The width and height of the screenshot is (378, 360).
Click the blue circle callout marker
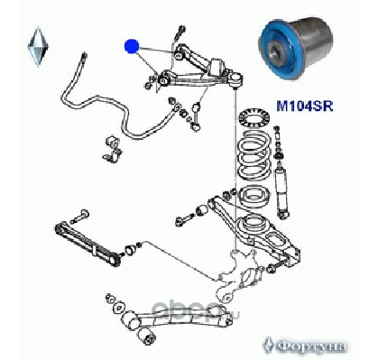(x=132, y=46)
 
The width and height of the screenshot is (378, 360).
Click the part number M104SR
(x=305, y=106)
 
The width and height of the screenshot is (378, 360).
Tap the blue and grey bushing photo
(x=297, y=49)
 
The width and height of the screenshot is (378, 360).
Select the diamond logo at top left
(x=38, y=47)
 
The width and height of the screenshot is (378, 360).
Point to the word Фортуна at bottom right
(x=311, y=346)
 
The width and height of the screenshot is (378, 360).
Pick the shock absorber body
(x=281, y=192)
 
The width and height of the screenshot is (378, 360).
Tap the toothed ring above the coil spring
(x=254, y=118)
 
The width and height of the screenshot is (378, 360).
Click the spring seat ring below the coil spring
(x=254, y=196)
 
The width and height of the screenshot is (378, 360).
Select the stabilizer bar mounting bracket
(x=113, y=150)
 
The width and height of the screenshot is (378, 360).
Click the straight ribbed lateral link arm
(x=88, y=244)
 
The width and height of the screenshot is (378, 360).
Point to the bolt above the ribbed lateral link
(x=79, y=217)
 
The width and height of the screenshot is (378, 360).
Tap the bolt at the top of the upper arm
(x=180, y=33)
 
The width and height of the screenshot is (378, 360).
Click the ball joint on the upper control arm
(x=236, y=79)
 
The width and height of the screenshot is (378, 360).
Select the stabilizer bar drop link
(x=196, y=116)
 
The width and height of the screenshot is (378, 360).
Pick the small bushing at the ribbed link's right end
(x=130, y=249)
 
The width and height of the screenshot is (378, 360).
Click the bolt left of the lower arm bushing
(x=184, y=219)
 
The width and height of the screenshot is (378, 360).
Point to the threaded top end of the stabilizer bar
(x=84, y=57)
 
